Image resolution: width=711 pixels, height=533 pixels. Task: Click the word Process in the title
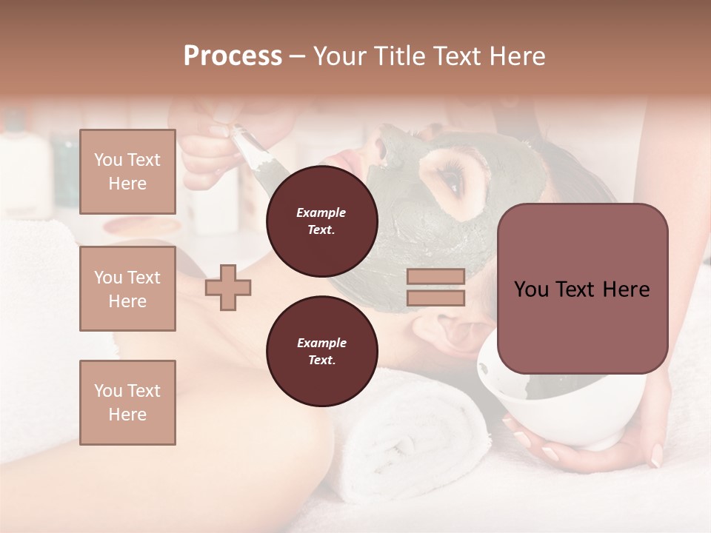[x=233, y=56]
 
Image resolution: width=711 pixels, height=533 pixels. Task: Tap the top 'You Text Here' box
[x=127, y=172]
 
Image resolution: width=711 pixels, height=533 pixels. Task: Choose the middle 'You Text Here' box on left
[x=127, y=289]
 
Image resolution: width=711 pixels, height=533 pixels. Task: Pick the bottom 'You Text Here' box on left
[x=127, y=402]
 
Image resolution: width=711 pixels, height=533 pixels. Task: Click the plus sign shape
[x=228, y=286]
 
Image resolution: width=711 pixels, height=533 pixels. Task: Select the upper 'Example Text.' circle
[x=321, y=221]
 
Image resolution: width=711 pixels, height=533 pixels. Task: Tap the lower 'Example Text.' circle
[x=321, y=352]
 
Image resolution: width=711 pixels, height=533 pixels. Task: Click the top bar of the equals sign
[x=435, y=277]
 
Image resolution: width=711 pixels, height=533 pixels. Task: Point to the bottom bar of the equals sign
[x=435, y=298]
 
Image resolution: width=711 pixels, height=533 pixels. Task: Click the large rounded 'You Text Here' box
[x=582, y=289]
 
